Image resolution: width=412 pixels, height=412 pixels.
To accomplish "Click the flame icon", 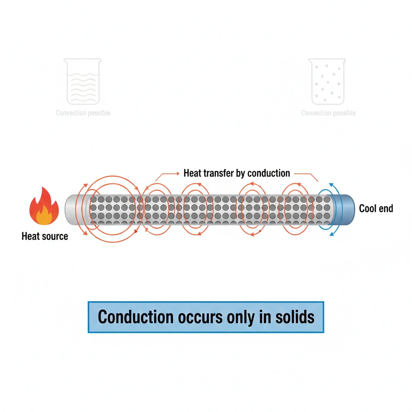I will coord(41,206).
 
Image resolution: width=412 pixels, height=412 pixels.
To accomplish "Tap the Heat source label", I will coord(45,236).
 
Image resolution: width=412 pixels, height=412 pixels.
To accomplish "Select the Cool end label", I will coord(376,208).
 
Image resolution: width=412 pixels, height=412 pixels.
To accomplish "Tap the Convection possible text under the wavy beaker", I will coord(83,113).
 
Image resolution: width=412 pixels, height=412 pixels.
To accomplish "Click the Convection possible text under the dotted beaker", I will coord(328,113).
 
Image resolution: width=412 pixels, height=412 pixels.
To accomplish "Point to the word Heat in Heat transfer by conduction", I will coord(192,173).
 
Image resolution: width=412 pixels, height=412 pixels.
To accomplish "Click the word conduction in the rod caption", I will coord(268,173).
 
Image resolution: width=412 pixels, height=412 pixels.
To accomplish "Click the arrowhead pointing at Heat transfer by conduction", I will coord(177,173).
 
